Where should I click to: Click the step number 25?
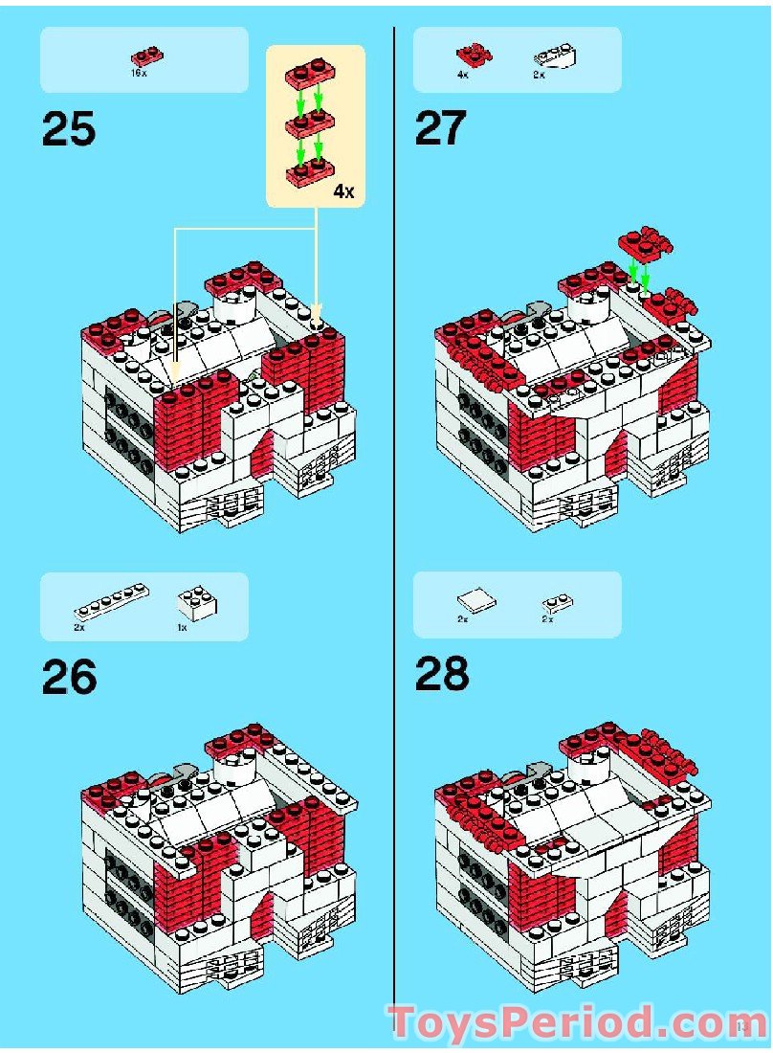[x=69, y=129]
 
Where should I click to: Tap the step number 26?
[x=69, y=677]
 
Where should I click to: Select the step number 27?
[x=441, y=129]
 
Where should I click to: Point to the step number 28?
[x=442, y=675]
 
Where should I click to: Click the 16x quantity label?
[x=139, y=73]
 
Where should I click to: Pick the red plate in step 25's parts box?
[x=145, y=56]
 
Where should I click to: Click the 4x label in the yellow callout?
[x=343, y=191]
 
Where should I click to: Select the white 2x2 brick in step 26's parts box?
[x=196, y=602]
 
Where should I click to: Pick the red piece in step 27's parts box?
[x=470, y=56]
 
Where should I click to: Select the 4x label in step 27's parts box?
[x=463, y=74]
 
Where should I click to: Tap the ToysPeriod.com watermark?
[x=570, y=1022]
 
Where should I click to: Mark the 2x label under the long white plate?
[x=79, y=628]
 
